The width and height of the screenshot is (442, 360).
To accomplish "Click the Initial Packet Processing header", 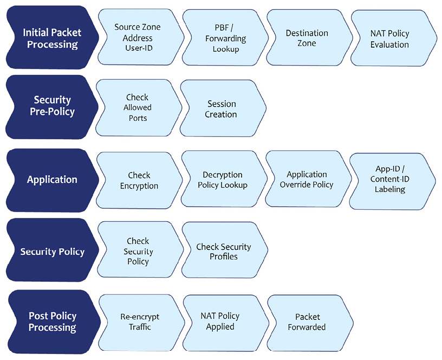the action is [x=53, y=37].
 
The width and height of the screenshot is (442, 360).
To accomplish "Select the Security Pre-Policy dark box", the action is [x=52, y=107].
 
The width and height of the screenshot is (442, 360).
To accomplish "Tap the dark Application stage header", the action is [x=53, y=181].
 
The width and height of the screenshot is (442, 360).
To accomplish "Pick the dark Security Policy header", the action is [x=53, y=250].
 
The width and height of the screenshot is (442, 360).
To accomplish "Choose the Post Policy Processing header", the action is [x=54, y=322].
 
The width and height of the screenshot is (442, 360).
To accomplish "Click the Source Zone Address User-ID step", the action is [x=140, y=37].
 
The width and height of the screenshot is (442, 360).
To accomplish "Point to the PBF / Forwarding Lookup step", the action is [x=225, y=37].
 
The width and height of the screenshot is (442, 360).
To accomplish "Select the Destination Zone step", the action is [x=309, y=37].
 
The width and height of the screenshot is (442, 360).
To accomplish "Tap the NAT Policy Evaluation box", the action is [x=393, y=38].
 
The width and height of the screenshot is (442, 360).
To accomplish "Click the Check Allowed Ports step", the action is [x=139, y=108].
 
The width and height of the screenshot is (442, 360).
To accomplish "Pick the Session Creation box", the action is [x=223, y=108].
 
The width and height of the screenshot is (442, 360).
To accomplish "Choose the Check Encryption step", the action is [x=139, y=181].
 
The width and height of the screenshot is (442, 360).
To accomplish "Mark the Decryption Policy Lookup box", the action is [x=224, y=179].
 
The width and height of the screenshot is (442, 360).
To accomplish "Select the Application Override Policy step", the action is [x=308, y=179].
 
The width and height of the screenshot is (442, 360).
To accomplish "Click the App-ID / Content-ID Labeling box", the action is [x=392, y=182].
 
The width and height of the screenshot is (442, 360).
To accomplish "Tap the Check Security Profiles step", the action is [x=225, y=250].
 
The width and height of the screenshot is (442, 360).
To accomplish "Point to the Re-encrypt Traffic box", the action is [x=141, y=323].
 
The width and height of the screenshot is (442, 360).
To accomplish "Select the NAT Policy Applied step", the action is [x=226, y=323].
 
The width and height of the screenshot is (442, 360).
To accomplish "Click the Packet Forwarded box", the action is [x=310, y=323].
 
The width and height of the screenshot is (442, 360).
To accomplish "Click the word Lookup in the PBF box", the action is [x=226, y=49].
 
